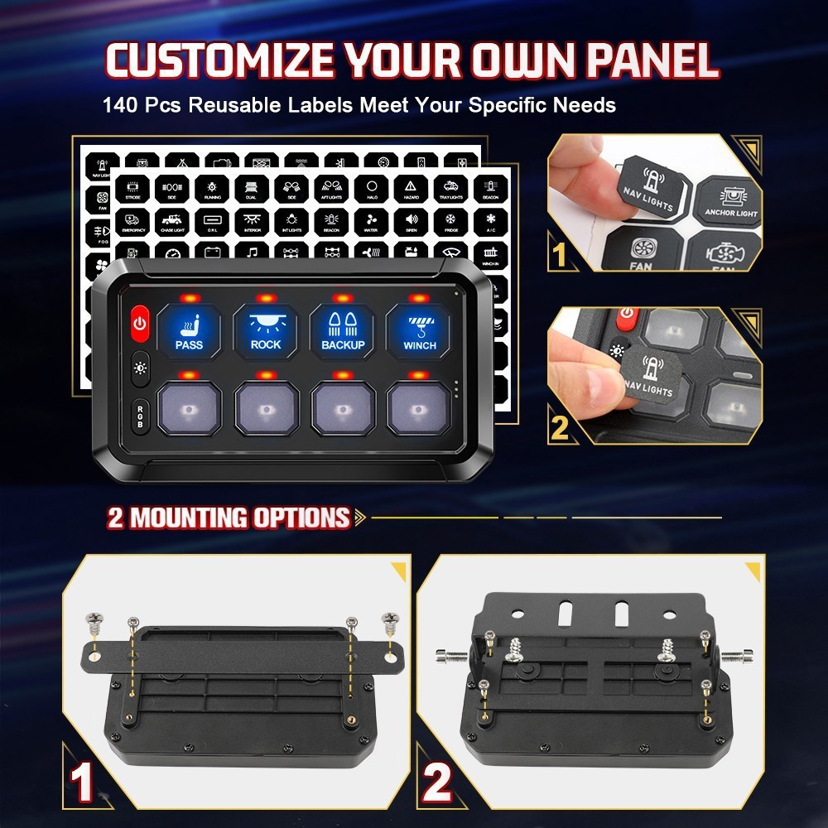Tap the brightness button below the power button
point(139,368)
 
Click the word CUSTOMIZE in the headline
point(220,61)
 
